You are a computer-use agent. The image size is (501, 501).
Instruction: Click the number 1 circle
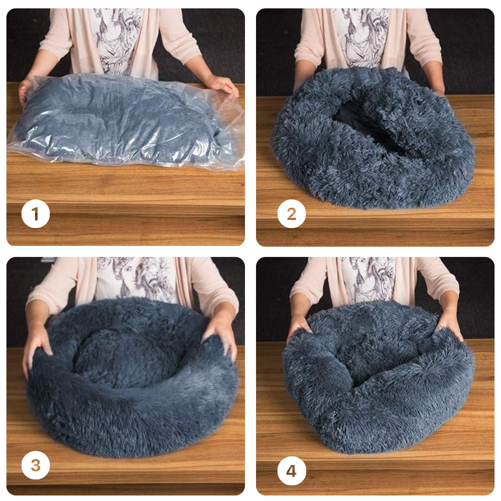(36, 214)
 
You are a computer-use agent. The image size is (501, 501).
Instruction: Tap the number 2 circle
(292, 214)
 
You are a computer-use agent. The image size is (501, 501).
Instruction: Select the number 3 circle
(36, 465)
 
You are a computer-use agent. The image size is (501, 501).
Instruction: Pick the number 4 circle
(292, 471)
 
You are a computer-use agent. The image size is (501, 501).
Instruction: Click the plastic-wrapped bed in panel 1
(125, 120)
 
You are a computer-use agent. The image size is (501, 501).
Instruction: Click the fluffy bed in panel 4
(379, 377)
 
